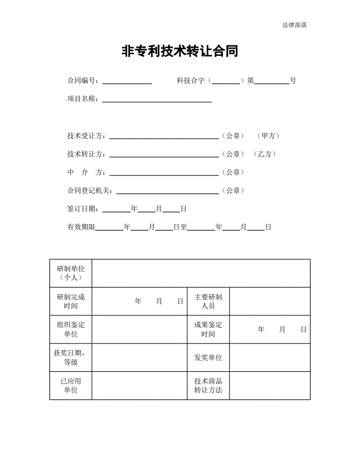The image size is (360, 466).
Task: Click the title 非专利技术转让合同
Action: (179, 52)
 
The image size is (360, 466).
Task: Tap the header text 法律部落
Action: (294, 25)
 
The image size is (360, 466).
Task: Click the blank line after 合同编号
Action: (127, 81)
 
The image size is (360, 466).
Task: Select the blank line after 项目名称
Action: (157, 99)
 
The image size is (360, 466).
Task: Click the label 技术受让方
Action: (86, 136)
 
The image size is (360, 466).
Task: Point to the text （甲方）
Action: (268, 136)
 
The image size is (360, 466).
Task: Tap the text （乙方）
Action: (265, 154)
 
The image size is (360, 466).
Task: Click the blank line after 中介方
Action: (164, 173)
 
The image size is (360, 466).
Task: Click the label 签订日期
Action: (84, 209)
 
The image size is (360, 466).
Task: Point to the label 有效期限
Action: (81, 227)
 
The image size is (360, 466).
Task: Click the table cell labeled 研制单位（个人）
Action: (71, 273)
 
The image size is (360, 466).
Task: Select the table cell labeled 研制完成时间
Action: (71, 301)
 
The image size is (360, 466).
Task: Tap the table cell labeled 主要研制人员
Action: (208, 301)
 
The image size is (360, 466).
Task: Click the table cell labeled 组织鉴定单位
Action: (71, 329)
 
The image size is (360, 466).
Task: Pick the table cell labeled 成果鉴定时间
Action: (208, 329)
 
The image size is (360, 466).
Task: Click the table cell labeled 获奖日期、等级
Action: (71, 358)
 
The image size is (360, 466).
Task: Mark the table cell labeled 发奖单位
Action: (208, 358)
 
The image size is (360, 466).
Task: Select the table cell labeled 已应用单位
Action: (71, 386)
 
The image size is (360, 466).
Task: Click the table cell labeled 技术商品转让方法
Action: (208, 386)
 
